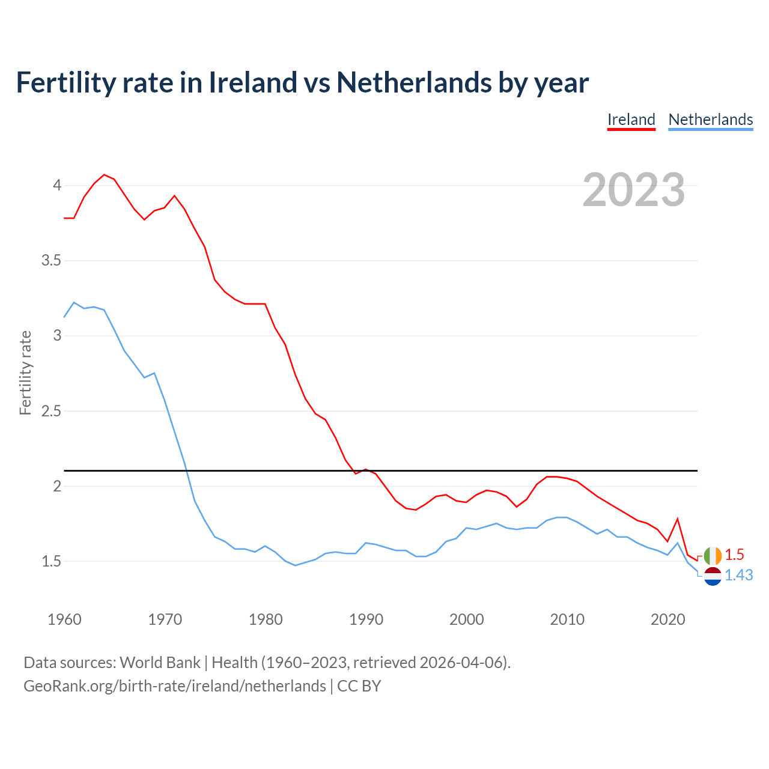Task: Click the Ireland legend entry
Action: (631, 120)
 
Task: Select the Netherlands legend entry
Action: (710, 120)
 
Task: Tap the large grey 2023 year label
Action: (634, 190)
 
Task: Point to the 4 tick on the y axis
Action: (57, 185)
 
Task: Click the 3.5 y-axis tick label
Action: (52, 260)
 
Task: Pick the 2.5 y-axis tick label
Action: (52, 411)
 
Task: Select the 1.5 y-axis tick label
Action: (52, 561)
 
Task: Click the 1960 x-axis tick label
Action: (64, 619)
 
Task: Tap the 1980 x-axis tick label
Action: (266, 619)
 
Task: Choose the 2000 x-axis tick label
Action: (466, 619)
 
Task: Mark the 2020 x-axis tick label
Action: (667, 619)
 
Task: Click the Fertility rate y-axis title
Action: (25, 372)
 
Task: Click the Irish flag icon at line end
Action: (713, 556)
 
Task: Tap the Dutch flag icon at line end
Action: (713, 576)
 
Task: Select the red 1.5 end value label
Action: (734, 555)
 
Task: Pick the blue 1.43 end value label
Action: (738, 575)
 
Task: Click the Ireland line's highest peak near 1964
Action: (104, 175)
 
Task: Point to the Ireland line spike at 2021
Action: (678, 518)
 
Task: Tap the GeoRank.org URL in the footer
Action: (175, 685)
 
